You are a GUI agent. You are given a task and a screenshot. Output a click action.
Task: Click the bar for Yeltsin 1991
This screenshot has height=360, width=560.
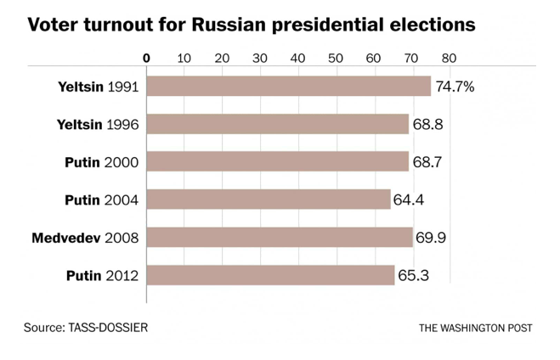[289, 87]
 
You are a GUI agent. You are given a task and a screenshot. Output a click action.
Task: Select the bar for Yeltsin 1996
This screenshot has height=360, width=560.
[278, 124]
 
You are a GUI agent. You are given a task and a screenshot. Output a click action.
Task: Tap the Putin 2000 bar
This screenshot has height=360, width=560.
[278, 161]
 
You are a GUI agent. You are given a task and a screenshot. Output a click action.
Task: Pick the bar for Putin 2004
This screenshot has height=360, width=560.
[269, 200]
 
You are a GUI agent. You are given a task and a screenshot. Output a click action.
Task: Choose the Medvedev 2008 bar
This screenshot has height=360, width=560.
[280, 237]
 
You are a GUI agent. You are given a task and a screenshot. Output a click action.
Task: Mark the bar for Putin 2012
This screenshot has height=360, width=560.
[271, 275]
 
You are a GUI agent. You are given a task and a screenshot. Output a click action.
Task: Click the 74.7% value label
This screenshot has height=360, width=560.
[455, 87]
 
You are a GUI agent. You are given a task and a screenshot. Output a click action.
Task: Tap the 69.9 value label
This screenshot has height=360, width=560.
[430, 237]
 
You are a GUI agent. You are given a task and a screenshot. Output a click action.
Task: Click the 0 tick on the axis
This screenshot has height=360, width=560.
[147, 58]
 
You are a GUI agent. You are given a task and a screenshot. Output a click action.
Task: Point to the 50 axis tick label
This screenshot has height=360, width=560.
[335, 58]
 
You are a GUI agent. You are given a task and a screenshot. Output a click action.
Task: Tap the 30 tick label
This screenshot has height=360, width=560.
[260, 58]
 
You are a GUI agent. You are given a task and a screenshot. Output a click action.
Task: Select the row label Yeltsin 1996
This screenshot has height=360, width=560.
[98, 124]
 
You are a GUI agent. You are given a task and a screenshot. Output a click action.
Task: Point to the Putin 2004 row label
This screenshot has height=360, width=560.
[102, 200]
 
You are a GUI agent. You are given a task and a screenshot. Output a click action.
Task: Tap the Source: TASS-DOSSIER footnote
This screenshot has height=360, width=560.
[91, 327]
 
